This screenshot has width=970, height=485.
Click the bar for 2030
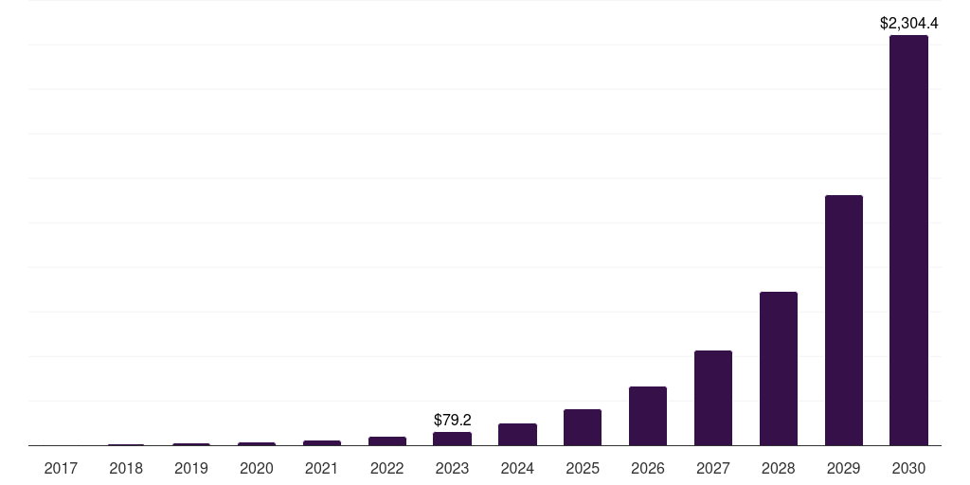pos(908,241)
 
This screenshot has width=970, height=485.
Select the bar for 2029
pos(843,320)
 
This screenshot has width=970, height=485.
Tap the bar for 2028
pos(778,368)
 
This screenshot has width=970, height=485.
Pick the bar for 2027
pos(712,398)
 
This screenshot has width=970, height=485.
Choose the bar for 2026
pos(647,416)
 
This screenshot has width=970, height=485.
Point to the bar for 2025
pos(583,427)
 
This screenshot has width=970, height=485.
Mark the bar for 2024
pos(517,434)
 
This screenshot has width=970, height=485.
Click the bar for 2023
pos(452,439)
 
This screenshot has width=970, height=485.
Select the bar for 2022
pos(386,440)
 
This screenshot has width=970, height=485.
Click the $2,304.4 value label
pos(908,24)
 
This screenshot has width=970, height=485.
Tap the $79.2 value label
pos(452,419)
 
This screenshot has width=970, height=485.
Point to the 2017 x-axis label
pos(61,468)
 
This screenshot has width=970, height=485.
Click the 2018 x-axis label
pos(126,468)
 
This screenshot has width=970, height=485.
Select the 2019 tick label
pos(191,468)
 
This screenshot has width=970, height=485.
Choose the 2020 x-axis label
pos(256,468)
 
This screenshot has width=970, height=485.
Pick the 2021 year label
pos(321,468)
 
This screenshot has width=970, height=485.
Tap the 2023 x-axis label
pos(452,468)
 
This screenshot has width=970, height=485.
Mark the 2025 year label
pos(583,468)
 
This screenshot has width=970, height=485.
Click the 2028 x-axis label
pos(778,468)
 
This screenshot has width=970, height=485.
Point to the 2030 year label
pos(908,468)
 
